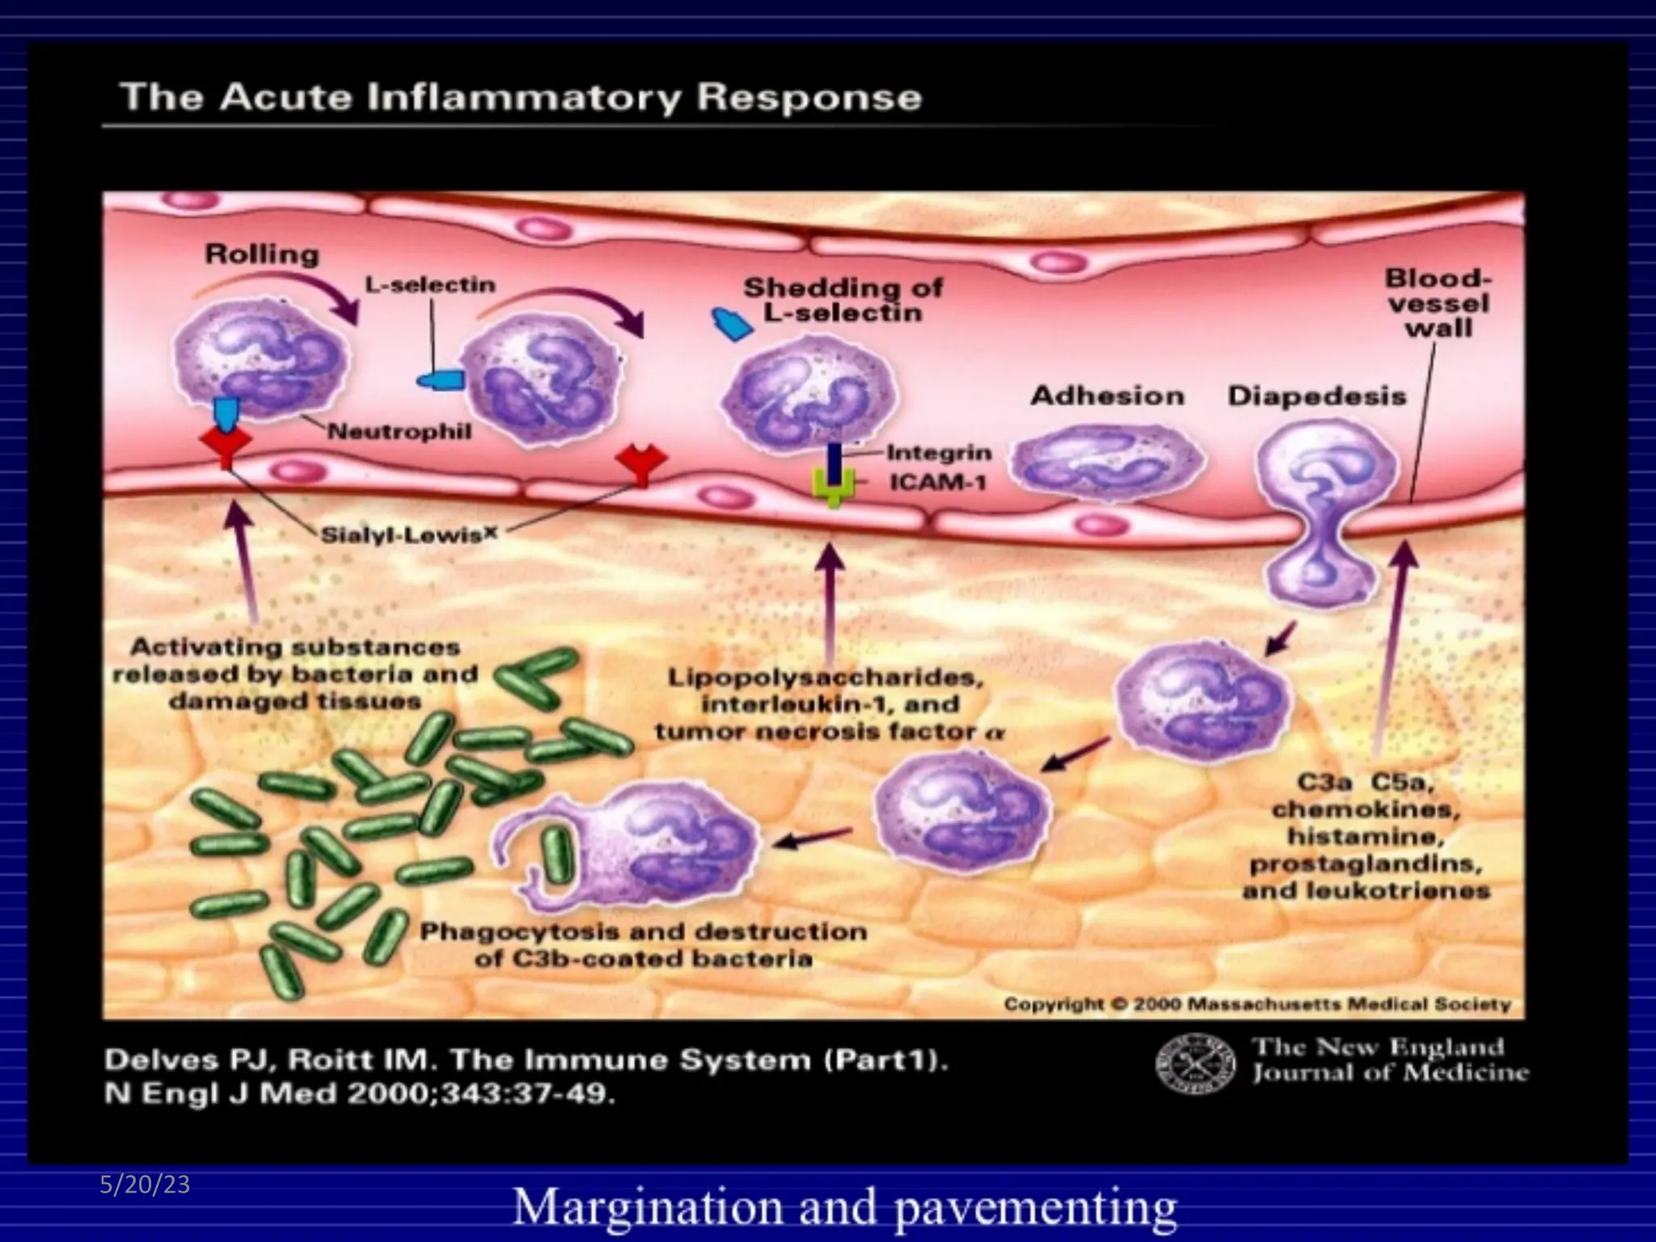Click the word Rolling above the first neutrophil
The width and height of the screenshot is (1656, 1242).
[262, 254]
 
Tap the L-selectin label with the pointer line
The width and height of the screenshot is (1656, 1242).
[430, 285]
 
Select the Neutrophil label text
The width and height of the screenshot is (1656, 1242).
[399, 431]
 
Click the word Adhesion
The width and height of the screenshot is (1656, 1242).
[1107, 396]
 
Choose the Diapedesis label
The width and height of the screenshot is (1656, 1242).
[1316, 396]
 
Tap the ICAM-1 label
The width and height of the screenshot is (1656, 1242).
[938, 483]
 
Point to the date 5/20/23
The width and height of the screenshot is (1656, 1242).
[145, 1185]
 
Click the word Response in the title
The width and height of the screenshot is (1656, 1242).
[809, 98]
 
